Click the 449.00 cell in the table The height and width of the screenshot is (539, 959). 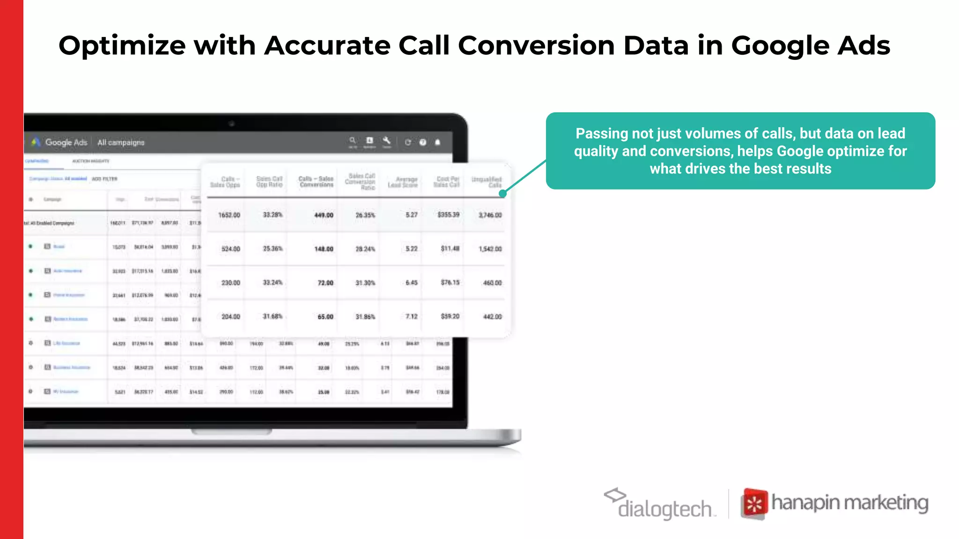click(x=324, y=215)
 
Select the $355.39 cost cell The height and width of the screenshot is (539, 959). click(x=448, y=215)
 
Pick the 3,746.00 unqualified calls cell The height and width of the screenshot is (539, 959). click(x=490, y=215)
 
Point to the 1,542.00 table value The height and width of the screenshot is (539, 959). click(x=490, y=249)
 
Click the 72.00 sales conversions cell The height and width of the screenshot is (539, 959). click(x=325, y=283)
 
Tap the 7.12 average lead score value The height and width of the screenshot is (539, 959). click(x=411, y=317)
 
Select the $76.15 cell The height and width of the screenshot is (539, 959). click(x=450, y=283)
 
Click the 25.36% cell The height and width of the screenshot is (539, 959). click(x=273, y=248)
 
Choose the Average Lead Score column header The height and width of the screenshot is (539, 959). click(x=403, y=182)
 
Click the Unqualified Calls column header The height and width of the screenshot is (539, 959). click(x=487, y=182)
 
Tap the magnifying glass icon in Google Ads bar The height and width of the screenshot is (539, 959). click(x=353, y=140)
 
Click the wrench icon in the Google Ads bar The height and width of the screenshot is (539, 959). click(x=386, y=140)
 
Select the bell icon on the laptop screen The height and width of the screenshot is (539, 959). click(x=437, y=142)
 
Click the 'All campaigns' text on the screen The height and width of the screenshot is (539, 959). click(x=121, y=142)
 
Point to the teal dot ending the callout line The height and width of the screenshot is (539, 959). click(x=502, y=193)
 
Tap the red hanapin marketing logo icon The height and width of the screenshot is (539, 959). click(x=754, y=504)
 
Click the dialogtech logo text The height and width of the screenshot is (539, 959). click(x=664, y=509)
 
